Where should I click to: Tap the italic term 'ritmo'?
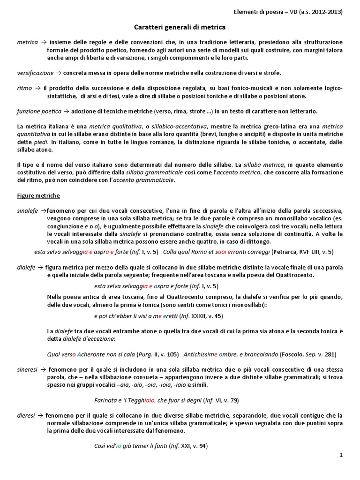[25, 88]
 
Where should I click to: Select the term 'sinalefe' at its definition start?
[27, 210]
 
